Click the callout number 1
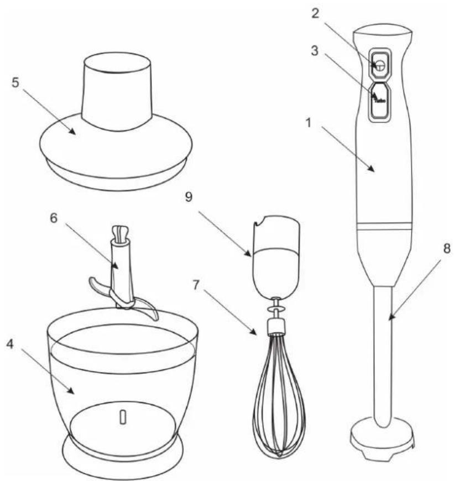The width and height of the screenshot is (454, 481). click(309, 123)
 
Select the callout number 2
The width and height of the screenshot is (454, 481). click(315, 14)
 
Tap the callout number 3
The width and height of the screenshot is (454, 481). click(315, 51)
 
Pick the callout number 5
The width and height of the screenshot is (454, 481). click(15, 82)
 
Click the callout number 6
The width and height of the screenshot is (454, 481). click(54, 218)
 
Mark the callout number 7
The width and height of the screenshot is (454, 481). click(196, 286)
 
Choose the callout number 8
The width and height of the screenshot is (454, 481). click(447, 248)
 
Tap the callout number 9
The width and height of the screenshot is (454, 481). click(189, 197)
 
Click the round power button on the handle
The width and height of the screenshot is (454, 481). click(380, 65)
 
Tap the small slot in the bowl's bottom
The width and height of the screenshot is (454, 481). click(123, 417)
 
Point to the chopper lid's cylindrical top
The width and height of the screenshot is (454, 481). click(116, 91)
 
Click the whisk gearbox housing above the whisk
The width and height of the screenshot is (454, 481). click(275, 257)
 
